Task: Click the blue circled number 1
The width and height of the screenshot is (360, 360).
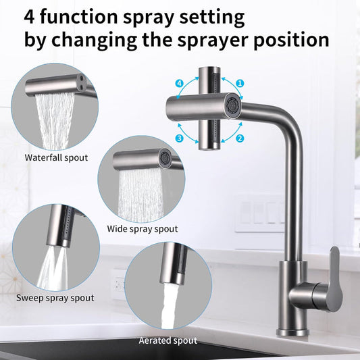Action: (x=239, y=84)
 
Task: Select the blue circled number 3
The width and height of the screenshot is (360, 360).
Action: (x=180, y=138)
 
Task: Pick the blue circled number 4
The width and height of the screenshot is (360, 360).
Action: (x=179, y=84)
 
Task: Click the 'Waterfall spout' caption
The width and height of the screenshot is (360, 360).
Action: (x=57, y=157)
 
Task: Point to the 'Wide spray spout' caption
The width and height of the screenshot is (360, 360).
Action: (x=143, y=228)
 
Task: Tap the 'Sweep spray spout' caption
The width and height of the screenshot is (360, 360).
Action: (x=55, y=297)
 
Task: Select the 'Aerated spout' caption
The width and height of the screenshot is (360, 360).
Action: (x=168, y=340)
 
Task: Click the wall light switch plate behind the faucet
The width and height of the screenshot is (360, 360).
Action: (x=260, y=213)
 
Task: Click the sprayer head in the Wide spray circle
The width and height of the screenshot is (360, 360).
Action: (x=142, y=160)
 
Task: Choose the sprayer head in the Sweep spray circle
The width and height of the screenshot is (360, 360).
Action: (x=65, y=230)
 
